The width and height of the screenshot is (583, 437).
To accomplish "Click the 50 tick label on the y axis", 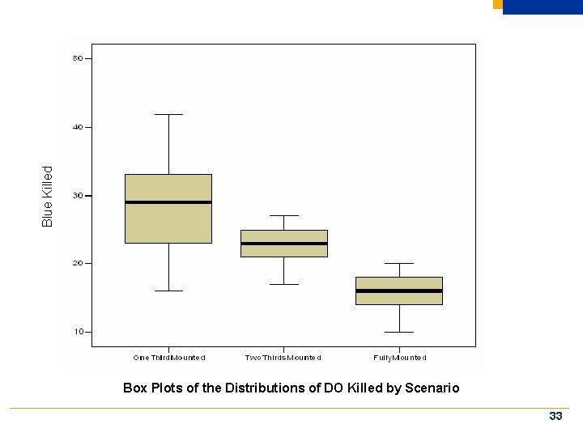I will click(77, 58).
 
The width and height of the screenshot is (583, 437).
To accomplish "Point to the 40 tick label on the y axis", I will click(77, 127).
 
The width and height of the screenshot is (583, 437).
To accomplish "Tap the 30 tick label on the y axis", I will click(77, 196).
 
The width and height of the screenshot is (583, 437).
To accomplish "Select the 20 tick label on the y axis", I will click(77, 264).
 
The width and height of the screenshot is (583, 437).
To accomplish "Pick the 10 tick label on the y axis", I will click(77, 332).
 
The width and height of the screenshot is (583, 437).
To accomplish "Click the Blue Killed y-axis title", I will click(48, 197).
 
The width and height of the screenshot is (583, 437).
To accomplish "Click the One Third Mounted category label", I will click(169, 358).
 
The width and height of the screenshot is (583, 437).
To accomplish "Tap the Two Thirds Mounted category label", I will click(283, 358).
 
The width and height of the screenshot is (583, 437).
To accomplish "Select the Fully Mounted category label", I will click(399, 358).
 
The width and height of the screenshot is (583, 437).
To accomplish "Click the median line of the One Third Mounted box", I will click(168, 202).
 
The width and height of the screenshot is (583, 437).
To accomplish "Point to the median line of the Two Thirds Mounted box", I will click(283, 244).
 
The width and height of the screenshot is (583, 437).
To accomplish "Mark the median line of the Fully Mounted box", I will click(399, 291).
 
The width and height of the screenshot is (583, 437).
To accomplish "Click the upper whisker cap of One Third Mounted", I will click(168, 115).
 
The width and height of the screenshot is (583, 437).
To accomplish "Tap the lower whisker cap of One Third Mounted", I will click(168, 291).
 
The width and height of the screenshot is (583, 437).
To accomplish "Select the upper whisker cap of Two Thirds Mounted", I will click(283, 216).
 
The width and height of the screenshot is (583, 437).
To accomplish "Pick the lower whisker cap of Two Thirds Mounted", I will click(283, 284).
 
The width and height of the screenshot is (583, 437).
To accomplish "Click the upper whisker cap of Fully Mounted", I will click(399, 263).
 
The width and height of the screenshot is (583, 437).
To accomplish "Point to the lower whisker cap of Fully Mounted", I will click(399, 332).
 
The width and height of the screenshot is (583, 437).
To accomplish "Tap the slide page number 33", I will click(555, 416).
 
